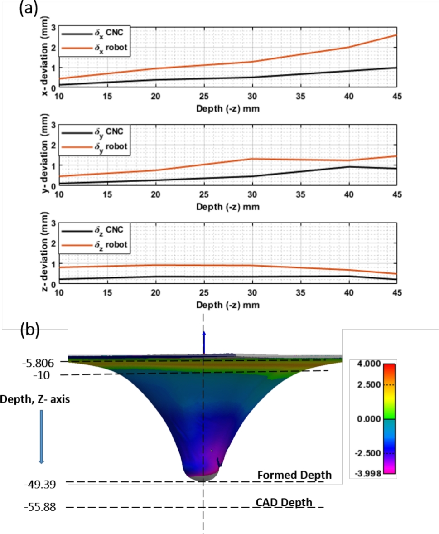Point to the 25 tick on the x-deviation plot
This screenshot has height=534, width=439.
click(x=204, y=96)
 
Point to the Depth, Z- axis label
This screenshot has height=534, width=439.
click(x=35, y=398)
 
